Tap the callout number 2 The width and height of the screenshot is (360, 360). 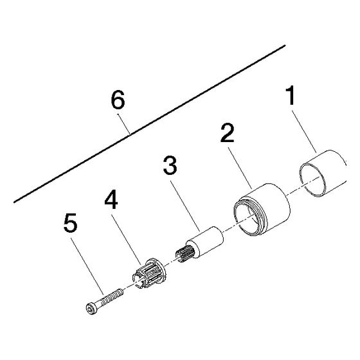pyautogui.click(x=228, y=132)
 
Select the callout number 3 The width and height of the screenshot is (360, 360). pyautogui.click(x=170, y=165)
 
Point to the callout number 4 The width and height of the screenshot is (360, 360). pyautogui.click(x=111, y=200)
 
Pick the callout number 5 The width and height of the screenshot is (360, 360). pyautogui.click(x=70, y=222)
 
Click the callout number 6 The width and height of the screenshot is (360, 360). pyautogui.click(x=118, y=100)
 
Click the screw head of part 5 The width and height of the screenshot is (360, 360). pyautogui.click(x=92, y=309)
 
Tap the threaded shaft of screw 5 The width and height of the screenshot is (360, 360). pyautogui.click(x=112, y=296)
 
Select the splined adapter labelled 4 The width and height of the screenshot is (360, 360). pyautogui.click(x=148, y=273)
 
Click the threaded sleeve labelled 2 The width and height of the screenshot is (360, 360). pyautogui.click(x=262, y=210)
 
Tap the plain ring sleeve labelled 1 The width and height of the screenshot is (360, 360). pyautogui.click(x=323, y=173)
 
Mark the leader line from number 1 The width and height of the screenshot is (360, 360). pyautogui.click(x=304, y=132)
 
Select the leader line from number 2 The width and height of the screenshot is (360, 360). pyautogui.click(x=240, y=168)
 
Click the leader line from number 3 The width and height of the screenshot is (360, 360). pyautogui.click(x=185, y=206)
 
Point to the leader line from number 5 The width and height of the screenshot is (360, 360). pyautogui.click(x=88, y=266)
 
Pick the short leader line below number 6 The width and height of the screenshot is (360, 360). pyautogui.click(x=124, y=124)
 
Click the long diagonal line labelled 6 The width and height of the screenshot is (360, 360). pyautogui.click(x=149, y=123)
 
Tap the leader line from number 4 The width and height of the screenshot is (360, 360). pyautogui.click(x=126, y=239)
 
